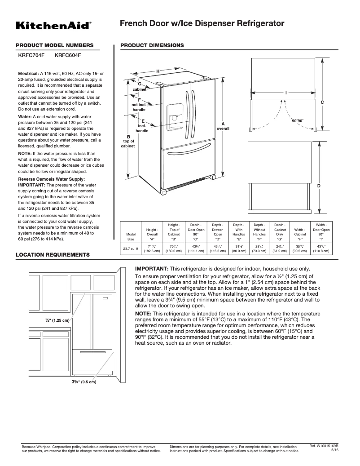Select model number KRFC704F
point(32,56)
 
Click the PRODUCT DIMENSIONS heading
point(152,45)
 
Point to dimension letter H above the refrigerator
point(158,71)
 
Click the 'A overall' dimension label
point(223,126)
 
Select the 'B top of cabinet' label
point(128,141)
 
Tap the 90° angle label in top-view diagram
point(298,121)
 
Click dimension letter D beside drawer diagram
point(319,186)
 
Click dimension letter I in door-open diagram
point(285,93)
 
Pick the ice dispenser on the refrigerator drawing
point(173,113)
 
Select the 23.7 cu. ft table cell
point(131,248)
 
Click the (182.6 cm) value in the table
point(152,251)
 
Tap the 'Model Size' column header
point(131,237)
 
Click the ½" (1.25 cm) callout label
point(57,320)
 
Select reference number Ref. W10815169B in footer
point(324,445)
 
